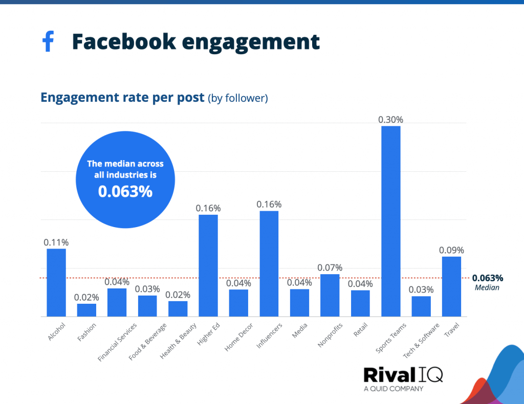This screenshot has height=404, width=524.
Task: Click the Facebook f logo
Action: click(48, 41)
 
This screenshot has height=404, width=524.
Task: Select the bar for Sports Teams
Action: click(391, 221)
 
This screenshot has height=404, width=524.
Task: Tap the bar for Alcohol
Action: click(56, 282)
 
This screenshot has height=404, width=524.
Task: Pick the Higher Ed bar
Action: click(208, 265)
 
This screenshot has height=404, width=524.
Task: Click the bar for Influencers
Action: click(269, 263)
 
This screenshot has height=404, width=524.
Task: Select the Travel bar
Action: click(451, 286)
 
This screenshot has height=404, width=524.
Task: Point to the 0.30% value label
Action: click(391, 120)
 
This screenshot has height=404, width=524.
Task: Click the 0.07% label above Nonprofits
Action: click(330, 267)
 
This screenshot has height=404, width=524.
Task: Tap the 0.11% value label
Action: click(56, 242)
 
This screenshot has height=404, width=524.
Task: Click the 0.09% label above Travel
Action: click(451, 250)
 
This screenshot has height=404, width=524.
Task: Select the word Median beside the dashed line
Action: click(487, 287)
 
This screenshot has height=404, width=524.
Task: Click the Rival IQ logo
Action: click(403, 375)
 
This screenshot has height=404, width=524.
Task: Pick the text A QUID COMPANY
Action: click(394, 389)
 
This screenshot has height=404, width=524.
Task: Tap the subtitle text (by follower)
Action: click(237, 98)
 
